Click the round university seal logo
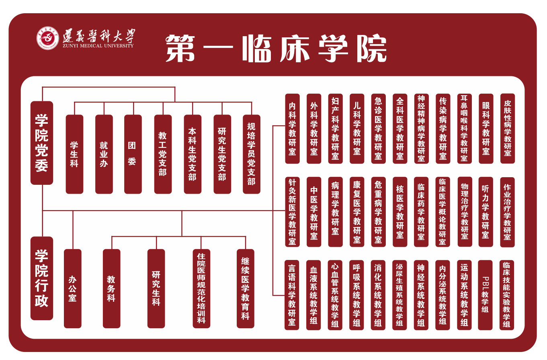pos(48,38)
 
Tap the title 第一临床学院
pos(276,48)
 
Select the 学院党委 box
pos(42,143)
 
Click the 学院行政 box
pos(42,278)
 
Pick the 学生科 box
pos(74,154)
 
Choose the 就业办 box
pos(104,154)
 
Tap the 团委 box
pos(133,154)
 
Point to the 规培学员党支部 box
pos(252,154)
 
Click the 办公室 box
pos(72,288)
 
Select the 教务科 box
pos(111,288)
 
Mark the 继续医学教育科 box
pos(246,288)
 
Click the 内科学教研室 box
pos(292,129)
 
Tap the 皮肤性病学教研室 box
pos(507,129)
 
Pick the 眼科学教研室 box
pos(486,129)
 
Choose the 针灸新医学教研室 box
pos(292,212)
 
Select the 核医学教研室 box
pos(400,212)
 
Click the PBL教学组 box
pos(485,295)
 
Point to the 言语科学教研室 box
pos(292,295)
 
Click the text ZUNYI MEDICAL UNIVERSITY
pos(98,46)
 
